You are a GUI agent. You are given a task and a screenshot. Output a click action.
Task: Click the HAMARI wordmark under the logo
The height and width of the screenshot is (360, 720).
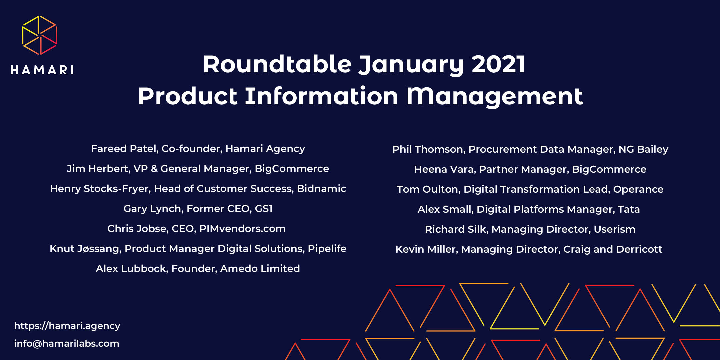tap(42, 70)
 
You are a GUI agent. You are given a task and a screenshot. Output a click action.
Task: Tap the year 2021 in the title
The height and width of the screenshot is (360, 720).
tap(498, 64)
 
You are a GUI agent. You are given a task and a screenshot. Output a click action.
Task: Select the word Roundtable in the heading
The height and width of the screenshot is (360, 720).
tap(277, 64)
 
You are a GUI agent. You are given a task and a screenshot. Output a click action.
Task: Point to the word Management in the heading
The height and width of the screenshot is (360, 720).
tap(495, 96)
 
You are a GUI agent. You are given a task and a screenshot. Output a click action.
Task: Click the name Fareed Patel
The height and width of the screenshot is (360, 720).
tap(124, 149)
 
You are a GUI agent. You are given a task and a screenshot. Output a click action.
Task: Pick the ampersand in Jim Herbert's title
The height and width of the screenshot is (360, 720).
tap(154, 169)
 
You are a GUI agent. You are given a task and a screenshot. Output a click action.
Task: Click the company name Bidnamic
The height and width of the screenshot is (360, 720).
tap(321, 189)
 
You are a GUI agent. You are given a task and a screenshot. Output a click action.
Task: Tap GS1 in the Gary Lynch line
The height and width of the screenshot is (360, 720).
tap(264, 209)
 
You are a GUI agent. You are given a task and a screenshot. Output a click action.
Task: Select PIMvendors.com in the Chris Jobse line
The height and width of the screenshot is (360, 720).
tap(242, 229)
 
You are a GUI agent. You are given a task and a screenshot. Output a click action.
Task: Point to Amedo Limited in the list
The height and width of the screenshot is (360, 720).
tap(260, 269)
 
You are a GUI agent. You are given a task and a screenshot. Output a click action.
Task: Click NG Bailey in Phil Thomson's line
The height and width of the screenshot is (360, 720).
tap(643, 149)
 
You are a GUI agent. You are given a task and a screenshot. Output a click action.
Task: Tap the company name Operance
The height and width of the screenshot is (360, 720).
tap(638, 189)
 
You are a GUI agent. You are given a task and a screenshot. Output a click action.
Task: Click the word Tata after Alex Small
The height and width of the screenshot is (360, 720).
tap(629, 209)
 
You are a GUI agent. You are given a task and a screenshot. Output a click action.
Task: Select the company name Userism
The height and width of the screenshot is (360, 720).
tap(614, 229)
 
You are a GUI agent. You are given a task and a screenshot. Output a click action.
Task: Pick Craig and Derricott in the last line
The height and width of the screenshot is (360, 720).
tap(613, 249)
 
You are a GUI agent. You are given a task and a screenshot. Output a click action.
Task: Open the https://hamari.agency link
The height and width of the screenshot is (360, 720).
tap(67, 326)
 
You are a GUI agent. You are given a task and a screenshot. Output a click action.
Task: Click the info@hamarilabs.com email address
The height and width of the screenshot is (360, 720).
tap(67, 344)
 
